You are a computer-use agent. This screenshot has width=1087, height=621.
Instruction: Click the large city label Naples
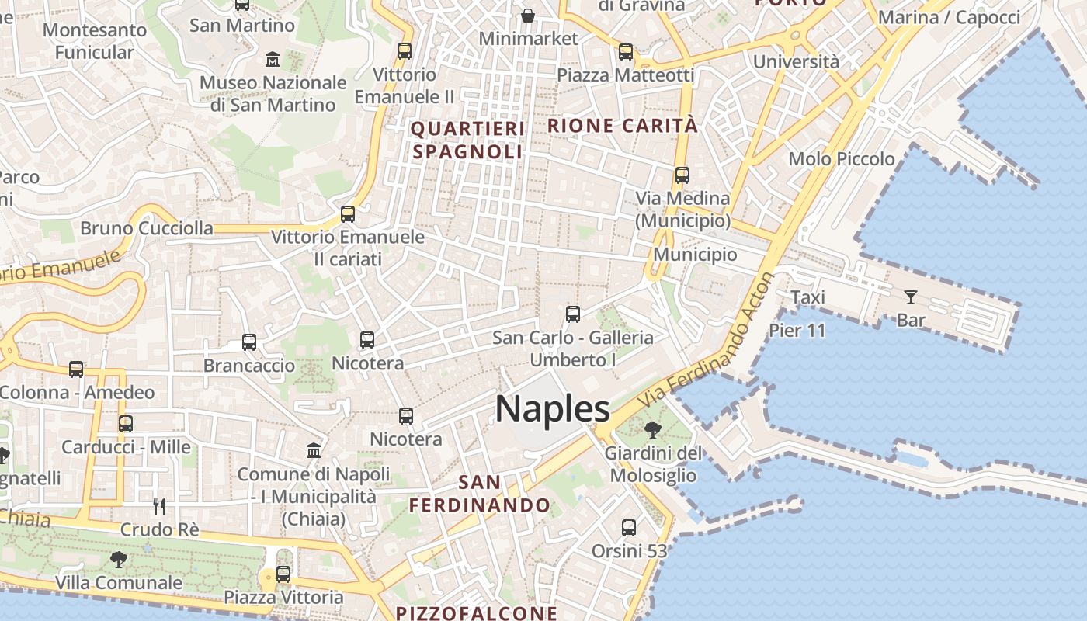[x=553, y=409]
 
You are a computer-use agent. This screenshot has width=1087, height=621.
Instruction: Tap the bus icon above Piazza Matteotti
[x=626, y=52]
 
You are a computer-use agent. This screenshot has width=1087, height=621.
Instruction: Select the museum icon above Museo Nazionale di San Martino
[x=273, y=59]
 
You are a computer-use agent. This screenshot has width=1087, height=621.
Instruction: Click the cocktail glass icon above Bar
[x=910, y=297]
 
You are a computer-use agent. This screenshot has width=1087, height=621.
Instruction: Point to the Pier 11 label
[x=797, y=330]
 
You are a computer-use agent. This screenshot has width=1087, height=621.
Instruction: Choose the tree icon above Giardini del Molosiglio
[x=652, y=429]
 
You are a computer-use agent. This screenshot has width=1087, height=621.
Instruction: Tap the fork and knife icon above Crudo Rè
[x=159, y=507]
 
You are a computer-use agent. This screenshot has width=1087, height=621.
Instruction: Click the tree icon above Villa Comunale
[x=119, y=559]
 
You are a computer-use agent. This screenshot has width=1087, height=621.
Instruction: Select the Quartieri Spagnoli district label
[x=468, y=140]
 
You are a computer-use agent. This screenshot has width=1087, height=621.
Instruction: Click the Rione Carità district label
[x=623, y=125]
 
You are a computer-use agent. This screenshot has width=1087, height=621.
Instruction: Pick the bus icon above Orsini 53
[x=629, y=528]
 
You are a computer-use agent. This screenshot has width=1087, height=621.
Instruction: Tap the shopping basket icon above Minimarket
[x=528, y=15]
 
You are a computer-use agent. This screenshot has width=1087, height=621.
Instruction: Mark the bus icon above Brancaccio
[x=249, y=342]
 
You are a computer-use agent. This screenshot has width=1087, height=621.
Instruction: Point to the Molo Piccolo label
[x=842, y=159]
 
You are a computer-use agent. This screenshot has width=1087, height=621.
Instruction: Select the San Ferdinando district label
[x=480, y=494]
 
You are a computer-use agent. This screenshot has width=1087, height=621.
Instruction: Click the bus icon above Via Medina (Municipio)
[x=682, y=175]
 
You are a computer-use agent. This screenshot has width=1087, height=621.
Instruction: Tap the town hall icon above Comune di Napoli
[x=314, y=451]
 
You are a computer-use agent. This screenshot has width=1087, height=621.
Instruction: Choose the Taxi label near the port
[x=807, y=297]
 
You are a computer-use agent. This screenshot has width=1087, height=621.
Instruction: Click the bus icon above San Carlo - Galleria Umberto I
[x=573, y=314]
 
